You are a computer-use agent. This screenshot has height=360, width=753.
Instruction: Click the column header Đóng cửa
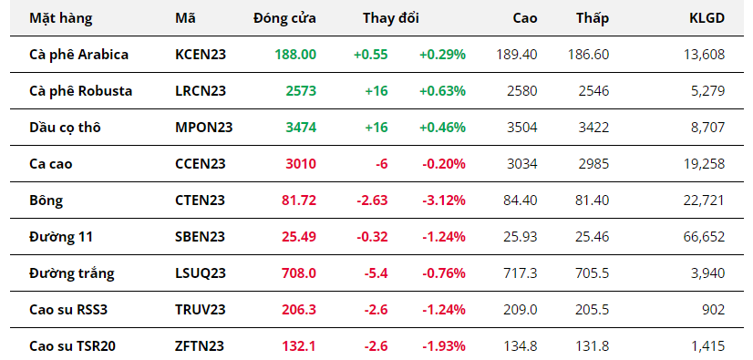(284, 18)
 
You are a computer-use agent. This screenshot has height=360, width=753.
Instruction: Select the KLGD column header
(707, 18)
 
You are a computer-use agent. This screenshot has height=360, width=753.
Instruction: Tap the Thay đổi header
(391, 18)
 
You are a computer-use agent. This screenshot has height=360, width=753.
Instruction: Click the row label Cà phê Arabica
(78, 55)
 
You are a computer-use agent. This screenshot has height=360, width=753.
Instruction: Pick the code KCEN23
(201, 55)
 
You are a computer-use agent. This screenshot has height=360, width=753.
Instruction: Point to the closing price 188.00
(295, 55)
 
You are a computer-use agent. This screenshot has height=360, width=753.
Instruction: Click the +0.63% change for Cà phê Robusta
(442, 91)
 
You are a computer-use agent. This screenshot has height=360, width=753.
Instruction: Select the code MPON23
(203, 128)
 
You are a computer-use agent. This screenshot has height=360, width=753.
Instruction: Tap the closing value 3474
(301, 128)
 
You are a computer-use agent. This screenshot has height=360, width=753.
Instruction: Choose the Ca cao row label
(50, 164)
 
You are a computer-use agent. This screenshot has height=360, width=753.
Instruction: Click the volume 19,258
(704, 164)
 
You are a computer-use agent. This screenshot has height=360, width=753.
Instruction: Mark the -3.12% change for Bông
(444, 201)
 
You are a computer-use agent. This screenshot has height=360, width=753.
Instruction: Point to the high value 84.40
(521, 201)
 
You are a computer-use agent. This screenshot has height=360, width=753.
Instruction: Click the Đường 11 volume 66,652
(704, 237)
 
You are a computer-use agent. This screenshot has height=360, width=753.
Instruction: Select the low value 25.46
(592, 237)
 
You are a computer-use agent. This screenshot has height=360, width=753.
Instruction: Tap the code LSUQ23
(201, 273)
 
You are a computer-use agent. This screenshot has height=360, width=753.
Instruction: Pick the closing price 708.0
(299, 273)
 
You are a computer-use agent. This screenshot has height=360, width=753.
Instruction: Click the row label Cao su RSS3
(68, 310)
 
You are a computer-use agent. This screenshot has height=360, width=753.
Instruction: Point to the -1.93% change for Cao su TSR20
(444, 346)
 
